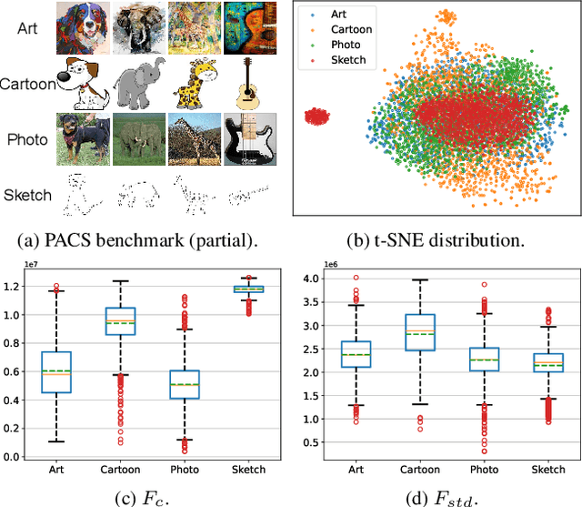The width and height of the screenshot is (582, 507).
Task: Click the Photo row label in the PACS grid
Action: click(x=27, y=139)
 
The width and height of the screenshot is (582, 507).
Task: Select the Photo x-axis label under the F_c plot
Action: click(x=185, y=469)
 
